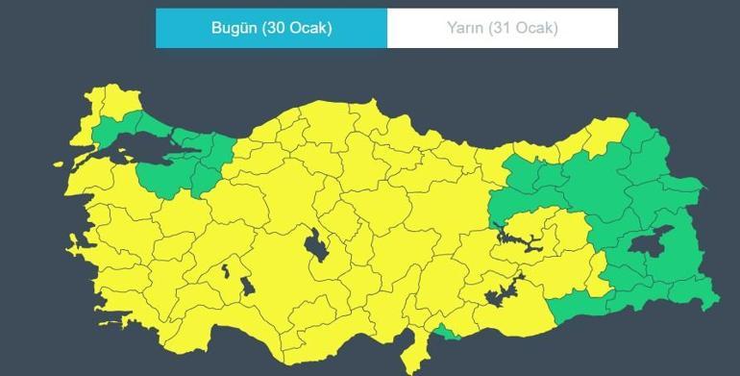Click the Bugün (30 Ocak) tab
coord(272,28)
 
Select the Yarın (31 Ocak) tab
coord(502,28)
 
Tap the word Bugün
coord(234,28)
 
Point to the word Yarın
coord(464,28)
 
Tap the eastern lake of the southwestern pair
coord(247,286)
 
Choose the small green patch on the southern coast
coord(446,332)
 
